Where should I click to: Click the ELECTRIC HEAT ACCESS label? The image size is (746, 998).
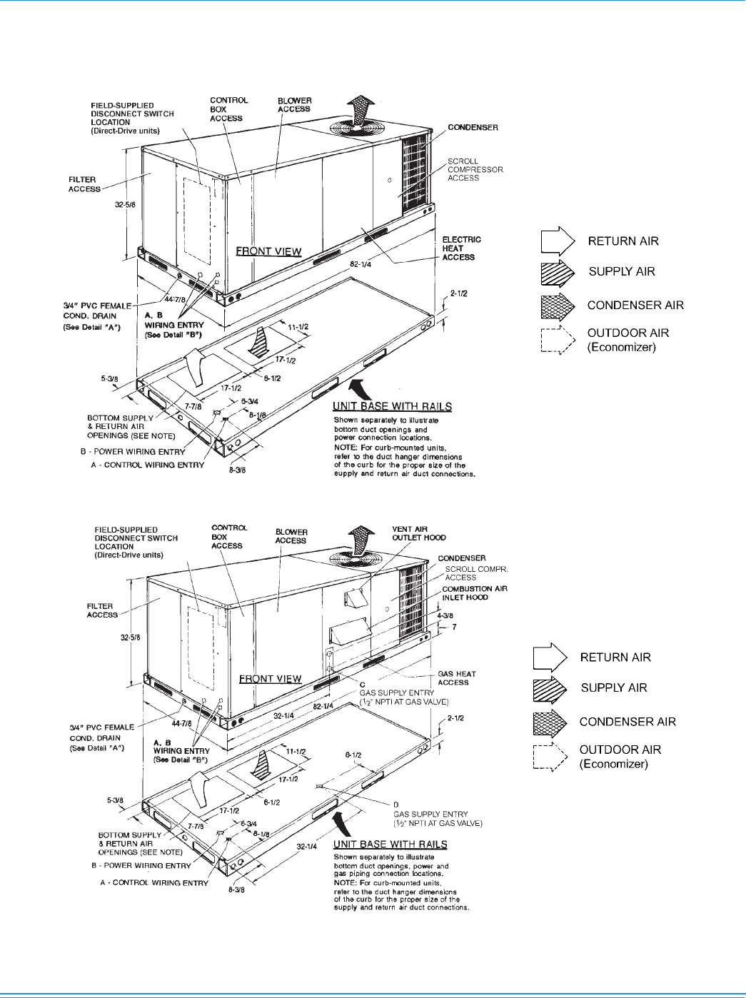(x=461, y=248)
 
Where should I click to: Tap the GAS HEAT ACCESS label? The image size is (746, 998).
(x=456, y=678)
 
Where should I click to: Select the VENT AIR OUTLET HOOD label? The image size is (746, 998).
(x=418, y=533)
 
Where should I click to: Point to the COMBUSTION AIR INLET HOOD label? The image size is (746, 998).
(x=474, y=593)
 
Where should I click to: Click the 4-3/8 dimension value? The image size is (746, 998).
(x=445, y=615)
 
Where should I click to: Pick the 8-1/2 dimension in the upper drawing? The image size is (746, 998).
(x=272, y=378)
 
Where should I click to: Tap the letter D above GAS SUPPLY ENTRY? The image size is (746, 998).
(x=396, y=805)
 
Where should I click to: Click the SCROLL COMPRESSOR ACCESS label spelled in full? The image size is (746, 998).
(x=475, y=170)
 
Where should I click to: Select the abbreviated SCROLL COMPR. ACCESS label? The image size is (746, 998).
(x=476, y=573)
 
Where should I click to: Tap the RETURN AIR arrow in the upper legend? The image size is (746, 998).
(x=558, y=241)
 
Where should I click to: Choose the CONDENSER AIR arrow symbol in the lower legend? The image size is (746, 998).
(x=550, y=722)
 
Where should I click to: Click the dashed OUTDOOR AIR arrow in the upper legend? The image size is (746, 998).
(x=558, y=340)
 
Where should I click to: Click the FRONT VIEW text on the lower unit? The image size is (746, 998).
(x=270, y=679)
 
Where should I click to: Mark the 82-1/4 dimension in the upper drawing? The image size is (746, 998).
(x=360, y=264)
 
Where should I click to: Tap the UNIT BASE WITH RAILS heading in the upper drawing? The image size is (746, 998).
(x=392, y=406)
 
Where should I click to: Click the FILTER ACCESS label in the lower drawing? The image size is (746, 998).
(x=102, y=610)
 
